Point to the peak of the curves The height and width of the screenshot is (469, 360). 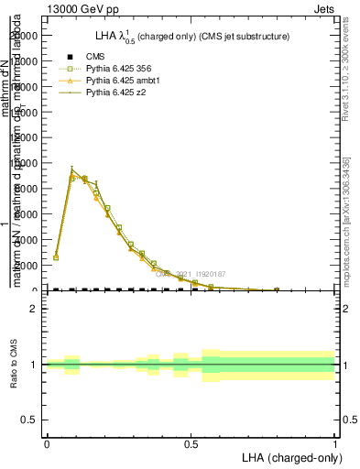pyautogui.click(x=72, y=169)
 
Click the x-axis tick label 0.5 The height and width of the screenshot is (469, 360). pyautogui.click(x=191, y=442)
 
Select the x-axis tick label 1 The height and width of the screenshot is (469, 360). pyautogui.click(x=334, y=442)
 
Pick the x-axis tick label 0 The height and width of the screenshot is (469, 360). pyautogui.click(x=47, y=442)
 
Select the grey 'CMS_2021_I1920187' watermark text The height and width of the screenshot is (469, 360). pyautogui.click(x=191, y=274)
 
